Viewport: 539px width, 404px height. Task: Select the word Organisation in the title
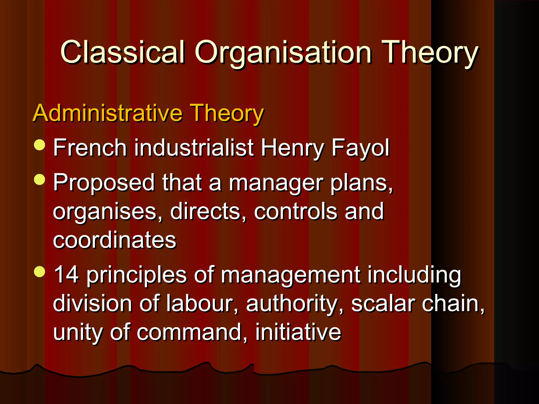(283, 53)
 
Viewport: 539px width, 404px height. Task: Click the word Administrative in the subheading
(108, 113)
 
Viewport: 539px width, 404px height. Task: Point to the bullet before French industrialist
(40, 145)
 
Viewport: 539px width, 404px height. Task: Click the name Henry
(292, 148)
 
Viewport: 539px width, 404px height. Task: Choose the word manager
(275, 183)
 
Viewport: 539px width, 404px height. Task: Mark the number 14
(66, 275)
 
